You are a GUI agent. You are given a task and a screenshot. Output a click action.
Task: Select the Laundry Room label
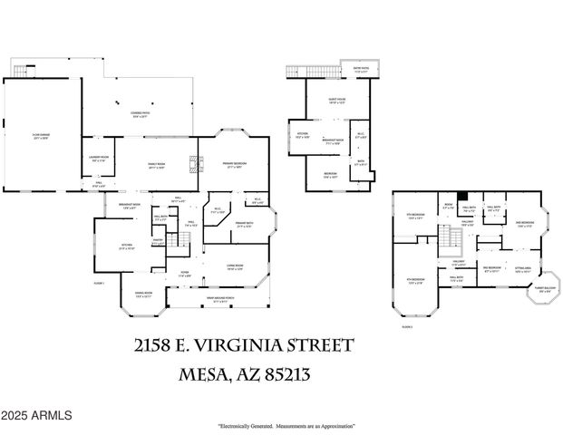(x=99, y=159)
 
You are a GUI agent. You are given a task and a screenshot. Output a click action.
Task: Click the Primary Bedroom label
(x=235, y=166)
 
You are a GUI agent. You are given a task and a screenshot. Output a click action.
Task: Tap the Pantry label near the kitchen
(x=157, y=242)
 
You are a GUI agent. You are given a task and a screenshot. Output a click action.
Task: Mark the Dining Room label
(x=143, y=293)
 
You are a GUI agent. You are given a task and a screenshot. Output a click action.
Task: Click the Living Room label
(x=235, y=267)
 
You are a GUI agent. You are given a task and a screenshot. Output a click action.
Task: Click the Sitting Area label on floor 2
(x=524, y=270)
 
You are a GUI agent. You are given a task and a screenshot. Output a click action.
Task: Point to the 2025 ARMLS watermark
(x=36, y=415)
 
